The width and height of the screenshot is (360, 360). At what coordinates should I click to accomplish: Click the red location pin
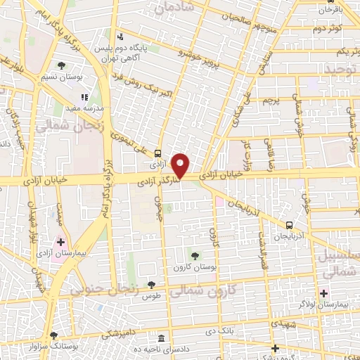[181, 165]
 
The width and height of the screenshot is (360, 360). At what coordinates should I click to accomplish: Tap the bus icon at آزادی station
[157, 153]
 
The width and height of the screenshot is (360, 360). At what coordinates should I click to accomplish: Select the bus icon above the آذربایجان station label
[290, 226]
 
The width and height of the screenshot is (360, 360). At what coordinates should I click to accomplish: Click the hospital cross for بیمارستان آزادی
[61, 242]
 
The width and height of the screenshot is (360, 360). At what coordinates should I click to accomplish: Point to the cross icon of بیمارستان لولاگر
[323, 293]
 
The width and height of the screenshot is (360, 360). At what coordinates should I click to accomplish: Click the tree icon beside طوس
[151, 285]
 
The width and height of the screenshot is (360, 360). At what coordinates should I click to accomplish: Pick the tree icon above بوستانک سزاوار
[53, 335]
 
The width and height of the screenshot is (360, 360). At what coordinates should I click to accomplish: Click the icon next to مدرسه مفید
[84, 98]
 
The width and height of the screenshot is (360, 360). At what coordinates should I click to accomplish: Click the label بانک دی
[221, 330]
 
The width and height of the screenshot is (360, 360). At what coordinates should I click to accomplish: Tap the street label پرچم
[271, 101]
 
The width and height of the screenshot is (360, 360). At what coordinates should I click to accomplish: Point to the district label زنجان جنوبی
[96, 288]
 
